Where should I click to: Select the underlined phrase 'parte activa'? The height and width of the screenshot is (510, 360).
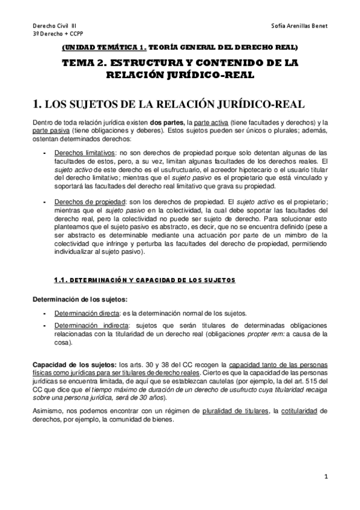point(215,123)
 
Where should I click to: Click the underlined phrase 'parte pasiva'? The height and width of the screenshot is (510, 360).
point(50,131)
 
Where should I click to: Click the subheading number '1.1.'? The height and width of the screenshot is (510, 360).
point(63,280)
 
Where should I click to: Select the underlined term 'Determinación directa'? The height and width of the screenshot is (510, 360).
point(86,313)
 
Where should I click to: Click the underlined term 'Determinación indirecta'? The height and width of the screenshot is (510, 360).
point(88,324)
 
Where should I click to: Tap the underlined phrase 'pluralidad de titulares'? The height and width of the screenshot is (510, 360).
point(234,410)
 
